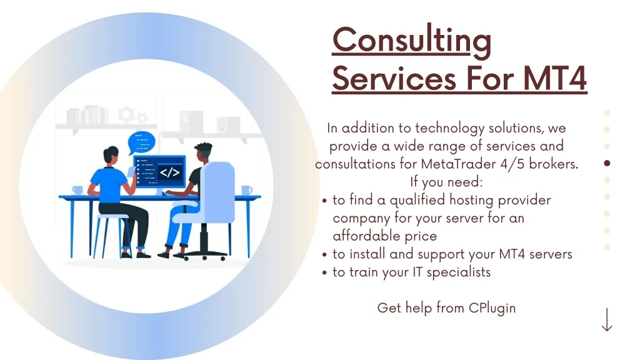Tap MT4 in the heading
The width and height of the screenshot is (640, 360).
(x=555, y=78)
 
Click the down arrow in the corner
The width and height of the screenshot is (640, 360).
(x=607, y=319)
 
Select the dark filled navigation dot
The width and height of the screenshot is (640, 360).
(x=607, y=163)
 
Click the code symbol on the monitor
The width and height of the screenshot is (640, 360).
(x=169, y=172)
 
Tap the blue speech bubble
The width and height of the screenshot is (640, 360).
(x=141, y=142)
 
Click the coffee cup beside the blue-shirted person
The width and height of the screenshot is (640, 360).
(x=77, y=190)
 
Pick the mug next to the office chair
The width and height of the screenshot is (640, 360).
(x=246, y=190)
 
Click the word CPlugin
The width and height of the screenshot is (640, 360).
(x=492, y=308)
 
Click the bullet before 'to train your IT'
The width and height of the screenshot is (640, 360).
(x=324, y=272)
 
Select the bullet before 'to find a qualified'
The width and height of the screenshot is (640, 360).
(x=324, y=201)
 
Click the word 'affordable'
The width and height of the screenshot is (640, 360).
(x=366, y=236)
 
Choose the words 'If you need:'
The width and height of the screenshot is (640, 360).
(x=446, y=182)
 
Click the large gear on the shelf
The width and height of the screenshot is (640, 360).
(x=126, y=114)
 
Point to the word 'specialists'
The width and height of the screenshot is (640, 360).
(x=459, y=272)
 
